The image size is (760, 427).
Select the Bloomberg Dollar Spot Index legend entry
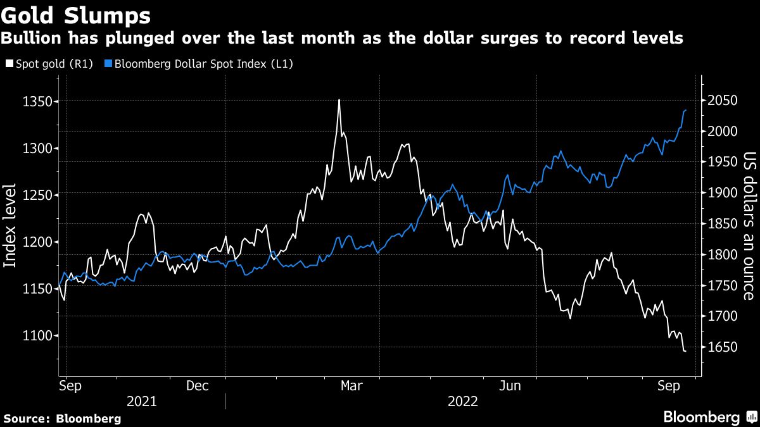click(202, 64)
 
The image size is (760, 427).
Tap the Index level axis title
click(11, 225)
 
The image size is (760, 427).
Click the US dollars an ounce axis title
click(749, 225)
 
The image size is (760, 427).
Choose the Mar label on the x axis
click(351, 386)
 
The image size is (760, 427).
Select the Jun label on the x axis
click(510, 386)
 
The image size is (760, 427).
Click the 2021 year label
click(142, 401)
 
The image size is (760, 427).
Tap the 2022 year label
click(463, 401)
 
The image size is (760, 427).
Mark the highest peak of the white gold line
click(339, 100)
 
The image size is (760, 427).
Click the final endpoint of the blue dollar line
click(686, 110)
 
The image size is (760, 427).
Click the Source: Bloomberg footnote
click(62, 418)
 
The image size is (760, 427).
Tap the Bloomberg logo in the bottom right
click(709, 418)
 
